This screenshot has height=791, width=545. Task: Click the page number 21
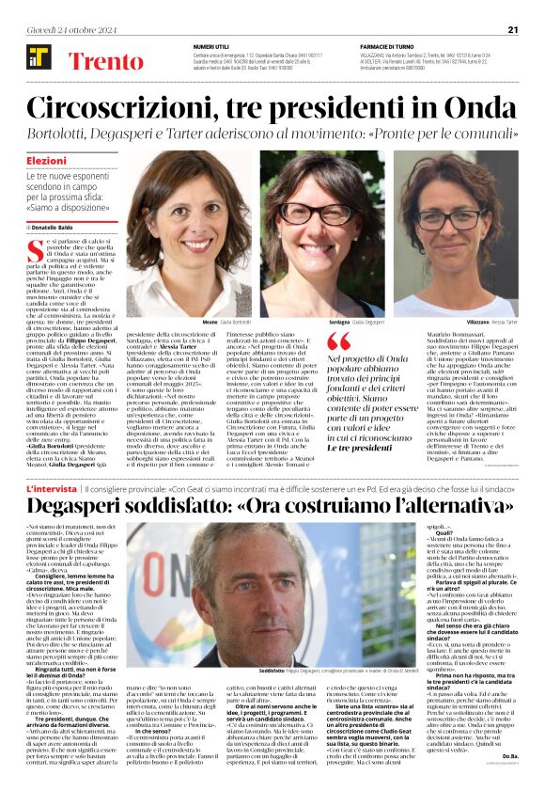click(x=513, y=29)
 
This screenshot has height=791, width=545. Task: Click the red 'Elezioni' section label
click(x=46, y=162)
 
